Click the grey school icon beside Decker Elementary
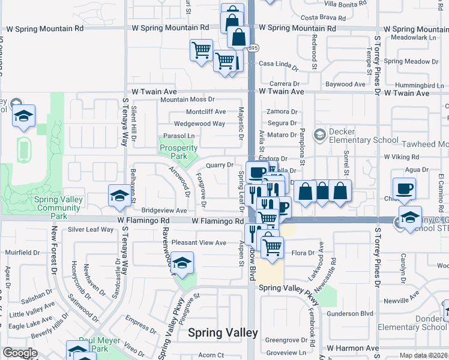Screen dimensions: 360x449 (319, 133)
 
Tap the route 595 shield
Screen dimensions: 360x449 (254, 47)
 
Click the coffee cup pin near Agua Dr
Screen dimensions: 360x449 (404, 188)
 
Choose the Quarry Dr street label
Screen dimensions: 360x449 (219, 165)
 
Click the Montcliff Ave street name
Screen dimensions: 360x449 (206, 112)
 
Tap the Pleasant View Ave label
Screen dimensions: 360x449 (199, 242)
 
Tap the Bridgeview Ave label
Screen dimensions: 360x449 (164, 211)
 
